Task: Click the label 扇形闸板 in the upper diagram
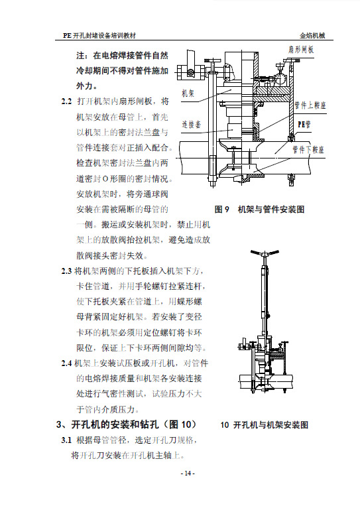(300, 50)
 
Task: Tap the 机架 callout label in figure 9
(188, 94)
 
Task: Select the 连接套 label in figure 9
(191, 124)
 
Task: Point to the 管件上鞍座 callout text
(310, 105)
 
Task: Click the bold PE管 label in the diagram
(304, 124)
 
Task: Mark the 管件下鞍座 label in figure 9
(308, 149)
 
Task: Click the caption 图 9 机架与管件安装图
(259, 210)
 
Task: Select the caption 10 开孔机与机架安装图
(264, 424)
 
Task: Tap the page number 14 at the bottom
(188, 474)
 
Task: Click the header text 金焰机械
(312, 36)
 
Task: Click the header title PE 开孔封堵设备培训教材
(99, 36)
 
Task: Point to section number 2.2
(66, 101)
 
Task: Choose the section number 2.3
(66, 271)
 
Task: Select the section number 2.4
(66, 363)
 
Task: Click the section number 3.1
(66, 440)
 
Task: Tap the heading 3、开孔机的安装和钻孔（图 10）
(126, 424)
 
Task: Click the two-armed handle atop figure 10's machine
(265, 253)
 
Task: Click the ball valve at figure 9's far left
(190, 71)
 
